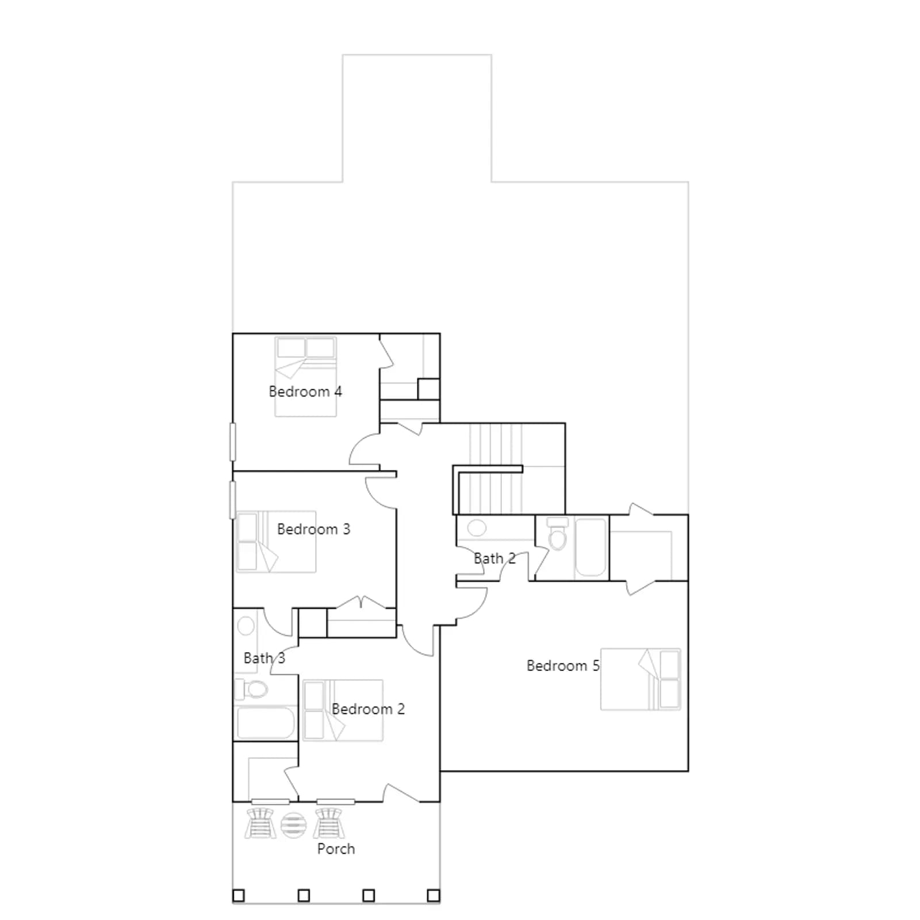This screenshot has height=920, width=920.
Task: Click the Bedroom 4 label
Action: (305, 392)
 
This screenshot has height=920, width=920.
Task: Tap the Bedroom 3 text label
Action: (313, 529)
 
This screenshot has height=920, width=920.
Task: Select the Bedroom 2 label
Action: (368, 709)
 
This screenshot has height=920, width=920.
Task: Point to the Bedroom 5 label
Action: (563, 666)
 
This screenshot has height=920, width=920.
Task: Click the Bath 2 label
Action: (494, 558)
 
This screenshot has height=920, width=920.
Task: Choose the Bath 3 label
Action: (264, 658)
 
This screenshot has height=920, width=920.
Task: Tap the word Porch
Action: (336, 849)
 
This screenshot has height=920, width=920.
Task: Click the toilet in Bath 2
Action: (557, 533)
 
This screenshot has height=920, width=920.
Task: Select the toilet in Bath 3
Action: (251, 689)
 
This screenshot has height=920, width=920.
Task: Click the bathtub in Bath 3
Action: (265, 723)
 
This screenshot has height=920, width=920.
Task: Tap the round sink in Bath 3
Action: (246, 626)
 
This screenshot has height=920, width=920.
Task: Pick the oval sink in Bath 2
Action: (477, 527)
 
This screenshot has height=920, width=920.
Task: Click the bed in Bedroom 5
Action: (641, 679)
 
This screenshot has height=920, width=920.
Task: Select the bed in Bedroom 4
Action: (305, 377)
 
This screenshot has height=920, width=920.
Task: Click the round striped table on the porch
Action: (293, 825)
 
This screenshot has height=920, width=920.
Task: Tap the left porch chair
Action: (260, 823)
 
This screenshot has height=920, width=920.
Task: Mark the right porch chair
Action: (329, 823)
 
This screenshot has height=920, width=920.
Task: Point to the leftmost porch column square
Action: (238, 895)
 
